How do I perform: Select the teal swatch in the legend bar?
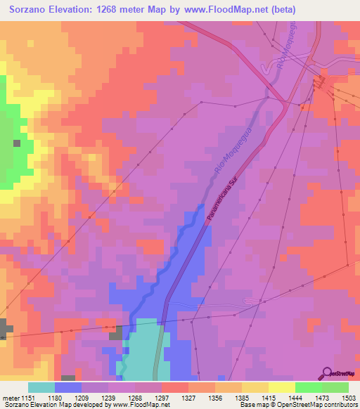tap(41, 387)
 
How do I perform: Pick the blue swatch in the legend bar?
tap(68, 387)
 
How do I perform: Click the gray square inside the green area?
tap(16, 143)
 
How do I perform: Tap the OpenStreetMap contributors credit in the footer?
tap(316, 405)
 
